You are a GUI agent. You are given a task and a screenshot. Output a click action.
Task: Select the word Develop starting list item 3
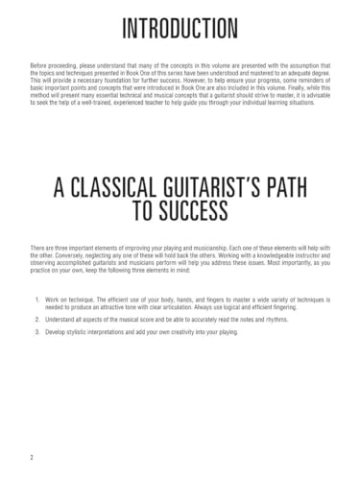coord(56,332)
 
